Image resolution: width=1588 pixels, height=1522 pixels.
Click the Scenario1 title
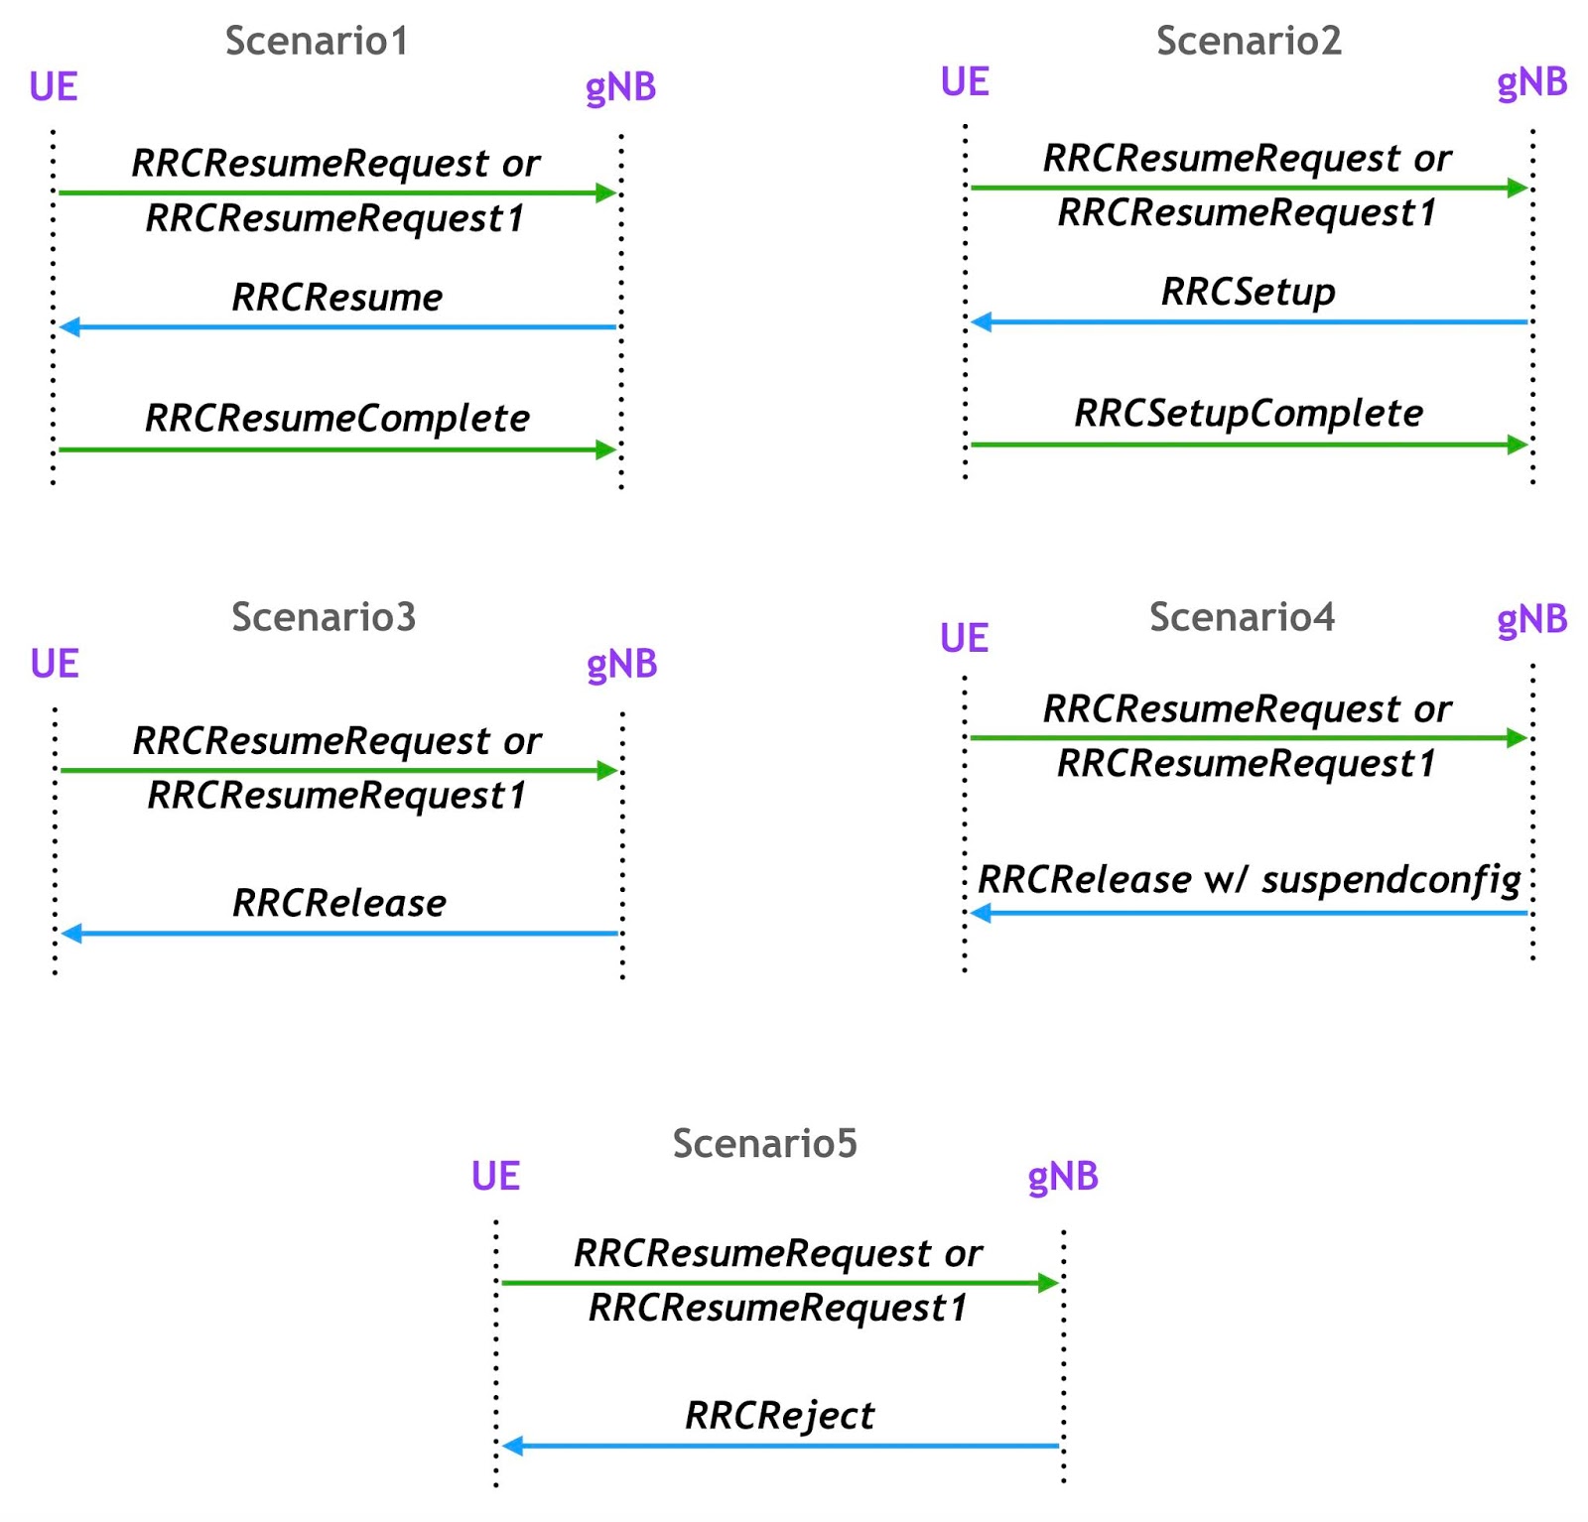pos(316,42)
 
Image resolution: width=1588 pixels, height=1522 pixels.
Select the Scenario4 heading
pos(1241,617)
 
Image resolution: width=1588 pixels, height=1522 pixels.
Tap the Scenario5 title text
pos(764,1143)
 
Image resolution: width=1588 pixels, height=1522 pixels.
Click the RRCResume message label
pos(336,298)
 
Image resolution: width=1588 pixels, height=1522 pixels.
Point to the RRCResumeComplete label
pos(336,419)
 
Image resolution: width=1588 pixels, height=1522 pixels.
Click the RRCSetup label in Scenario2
pos(1248,293)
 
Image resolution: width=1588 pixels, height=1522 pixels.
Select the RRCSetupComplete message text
pos(1248,414)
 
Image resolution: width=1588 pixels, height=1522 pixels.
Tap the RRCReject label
pos(779,1416)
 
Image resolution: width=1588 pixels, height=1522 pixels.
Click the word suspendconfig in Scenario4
pos(1390,880)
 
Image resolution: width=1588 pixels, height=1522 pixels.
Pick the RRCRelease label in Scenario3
pos(338,904)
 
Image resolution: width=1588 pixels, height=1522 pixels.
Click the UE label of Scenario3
pos(55,664)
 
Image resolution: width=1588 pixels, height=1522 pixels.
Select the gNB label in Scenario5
pos(1062,1177)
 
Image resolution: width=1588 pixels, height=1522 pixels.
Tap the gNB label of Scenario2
pos(1530,82)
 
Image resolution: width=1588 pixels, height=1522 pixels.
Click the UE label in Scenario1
pos(54,87)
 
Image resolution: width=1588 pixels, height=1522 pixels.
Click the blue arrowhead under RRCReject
pos(512,1446)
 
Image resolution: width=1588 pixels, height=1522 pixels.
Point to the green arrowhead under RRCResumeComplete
pos(605,450)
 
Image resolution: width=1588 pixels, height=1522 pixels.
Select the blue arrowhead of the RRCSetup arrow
pos(982,321)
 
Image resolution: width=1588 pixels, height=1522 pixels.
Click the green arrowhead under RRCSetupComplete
pos(1517,444)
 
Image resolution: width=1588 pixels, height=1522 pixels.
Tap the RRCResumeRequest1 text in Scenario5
pos(777,1308)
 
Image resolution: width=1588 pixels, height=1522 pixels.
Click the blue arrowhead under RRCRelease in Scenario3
pos(71,934)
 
